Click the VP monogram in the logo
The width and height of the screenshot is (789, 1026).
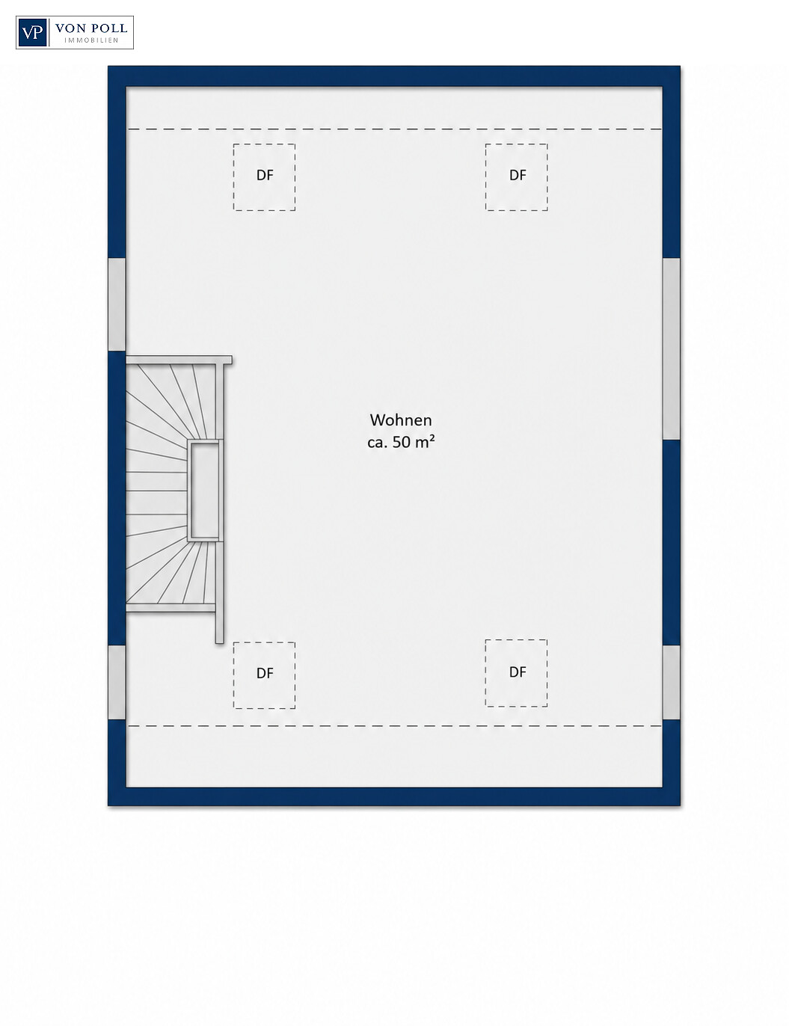[32, 33]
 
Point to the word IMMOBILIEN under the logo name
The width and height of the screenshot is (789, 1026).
[91, 40]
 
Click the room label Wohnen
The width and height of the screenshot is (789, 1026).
[400, 420]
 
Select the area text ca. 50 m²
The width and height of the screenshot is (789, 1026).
[401, 442]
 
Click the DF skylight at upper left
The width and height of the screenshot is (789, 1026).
[265, 177]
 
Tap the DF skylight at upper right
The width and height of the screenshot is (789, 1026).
[517, 177]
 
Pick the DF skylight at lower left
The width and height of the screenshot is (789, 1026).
[265, 675]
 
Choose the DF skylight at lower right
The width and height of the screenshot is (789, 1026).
[517, 673]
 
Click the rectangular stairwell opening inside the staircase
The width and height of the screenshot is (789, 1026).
[204, 491]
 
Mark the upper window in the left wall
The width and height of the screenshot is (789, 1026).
[117, 304]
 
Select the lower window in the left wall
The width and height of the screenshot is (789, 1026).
[117, 683]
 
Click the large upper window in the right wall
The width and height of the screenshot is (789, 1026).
[672, 349]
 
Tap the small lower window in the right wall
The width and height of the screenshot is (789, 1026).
[672, 683]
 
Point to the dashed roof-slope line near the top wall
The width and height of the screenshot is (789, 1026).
[395, 129]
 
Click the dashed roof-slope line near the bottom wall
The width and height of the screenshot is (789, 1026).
[395, 726]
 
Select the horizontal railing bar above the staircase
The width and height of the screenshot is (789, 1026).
[179, 360]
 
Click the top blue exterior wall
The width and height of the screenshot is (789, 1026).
[394, 76]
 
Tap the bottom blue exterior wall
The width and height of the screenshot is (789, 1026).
[394, 796]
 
